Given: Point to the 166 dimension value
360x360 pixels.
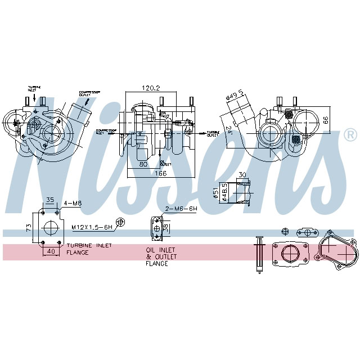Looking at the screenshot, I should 161,174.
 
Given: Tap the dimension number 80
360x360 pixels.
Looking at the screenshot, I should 143,165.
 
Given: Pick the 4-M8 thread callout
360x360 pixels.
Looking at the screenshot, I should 73,203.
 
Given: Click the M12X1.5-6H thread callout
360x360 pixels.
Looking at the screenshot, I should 91,227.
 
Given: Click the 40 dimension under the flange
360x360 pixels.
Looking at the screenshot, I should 51,251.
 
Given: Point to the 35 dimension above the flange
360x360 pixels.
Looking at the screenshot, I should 49,199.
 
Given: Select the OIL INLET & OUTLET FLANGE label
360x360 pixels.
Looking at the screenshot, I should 161,256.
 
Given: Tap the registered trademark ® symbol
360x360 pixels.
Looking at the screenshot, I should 349,135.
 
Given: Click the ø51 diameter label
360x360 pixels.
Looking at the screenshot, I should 215,194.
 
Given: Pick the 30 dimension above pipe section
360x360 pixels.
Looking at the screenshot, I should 242,174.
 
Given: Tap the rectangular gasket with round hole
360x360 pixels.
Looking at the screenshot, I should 290,253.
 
